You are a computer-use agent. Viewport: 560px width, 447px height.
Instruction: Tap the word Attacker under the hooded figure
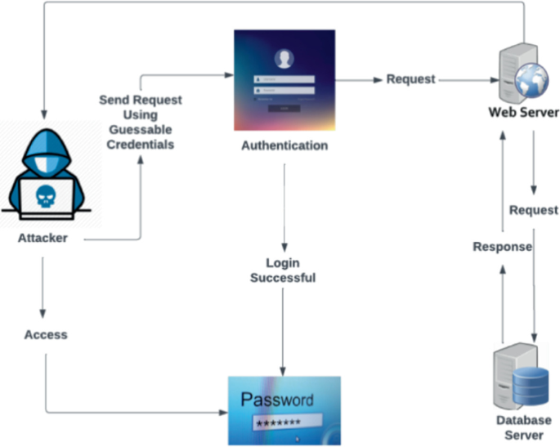pyautogui.click(x=43, y=239)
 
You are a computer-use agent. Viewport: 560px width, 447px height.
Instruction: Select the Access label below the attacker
pyautogui.click(x=46, y=334)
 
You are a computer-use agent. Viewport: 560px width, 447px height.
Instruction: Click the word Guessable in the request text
pyautogui.click(x=140, y=129)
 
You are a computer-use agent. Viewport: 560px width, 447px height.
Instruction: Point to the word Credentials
pyautogui.click(x=140, y=144)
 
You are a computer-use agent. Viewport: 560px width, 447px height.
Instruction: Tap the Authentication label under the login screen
pyautogui.click(x=284, y=145)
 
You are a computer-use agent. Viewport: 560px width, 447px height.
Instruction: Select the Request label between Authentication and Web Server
pyautogui.click(x=410, y=79)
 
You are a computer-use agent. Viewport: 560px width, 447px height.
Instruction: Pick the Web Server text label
pyautogui.click(x=523, y=113)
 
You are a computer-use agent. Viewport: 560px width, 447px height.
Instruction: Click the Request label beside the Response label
pyautogui.click(x=534, y=210)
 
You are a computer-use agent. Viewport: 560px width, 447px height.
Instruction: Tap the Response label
pyautogui.click(x=502, y=246)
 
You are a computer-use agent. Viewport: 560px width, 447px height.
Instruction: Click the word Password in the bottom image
pyautogui.click(x=276, y=400)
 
